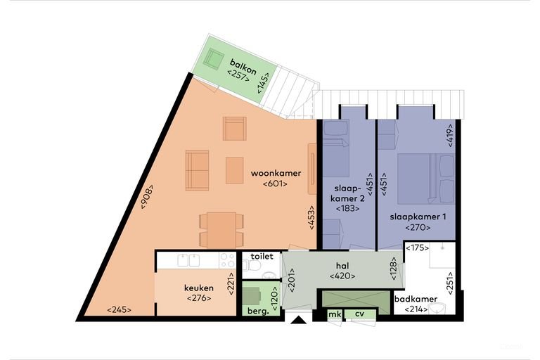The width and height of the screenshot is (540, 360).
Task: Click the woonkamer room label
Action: click(x=276, y=173)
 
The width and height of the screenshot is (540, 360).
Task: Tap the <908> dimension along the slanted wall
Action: click(x=147, y=197)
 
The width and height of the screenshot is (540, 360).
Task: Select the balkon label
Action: click(x=243, y=67)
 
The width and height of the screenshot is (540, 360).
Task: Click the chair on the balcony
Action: click(x=214, y=59)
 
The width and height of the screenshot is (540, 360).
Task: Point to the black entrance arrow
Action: click(x=298, y=320)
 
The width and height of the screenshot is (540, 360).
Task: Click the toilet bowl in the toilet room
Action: click(x=253, y=266)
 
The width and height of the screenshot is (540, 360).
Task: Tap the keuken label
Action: click(x=199, y=288)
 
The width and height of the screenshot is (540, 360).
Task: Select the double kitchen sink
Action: click(x=188, y=260)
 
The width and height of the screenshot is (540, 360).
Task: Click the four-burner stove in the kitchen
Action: click(x=227, y=260)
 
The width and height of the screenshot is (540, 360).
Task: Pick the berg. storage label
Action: click(x=258, y=311)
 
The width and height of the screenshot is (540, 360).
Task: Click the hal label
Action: click(x=342, y=266)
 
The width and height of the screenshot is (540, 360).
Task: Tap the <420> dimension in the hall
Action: click(x=342, y=276)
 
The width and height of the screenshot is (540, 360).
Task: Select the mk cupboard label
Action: click(x=335, y=314)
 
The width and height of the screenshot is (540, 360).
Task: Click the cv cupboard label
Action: click(x=359, y=314)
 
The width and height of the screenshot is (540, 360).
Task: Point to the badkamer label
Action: click(x=416, y=299)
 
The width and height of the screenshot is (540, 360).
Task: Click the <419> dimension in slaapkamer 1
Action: click(x=451, y=136)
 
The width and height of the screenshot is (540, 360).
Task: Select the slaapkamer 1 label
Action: click(x=418, y=217)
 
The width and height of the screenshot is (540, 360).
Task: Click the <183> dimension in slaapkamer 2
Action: click(x=347, y=208)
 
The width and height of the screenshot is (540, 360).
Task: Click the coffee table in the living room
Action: click(x=235, y=170)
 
